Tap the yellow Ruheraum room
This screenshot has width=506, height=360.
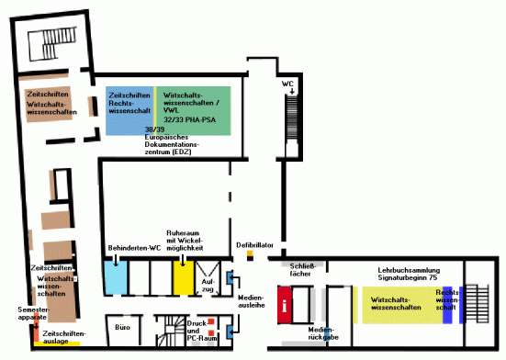182,276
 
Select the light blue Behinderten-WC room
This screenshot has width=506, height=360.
115,276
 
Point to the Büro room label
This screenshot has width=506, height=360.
121,326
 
